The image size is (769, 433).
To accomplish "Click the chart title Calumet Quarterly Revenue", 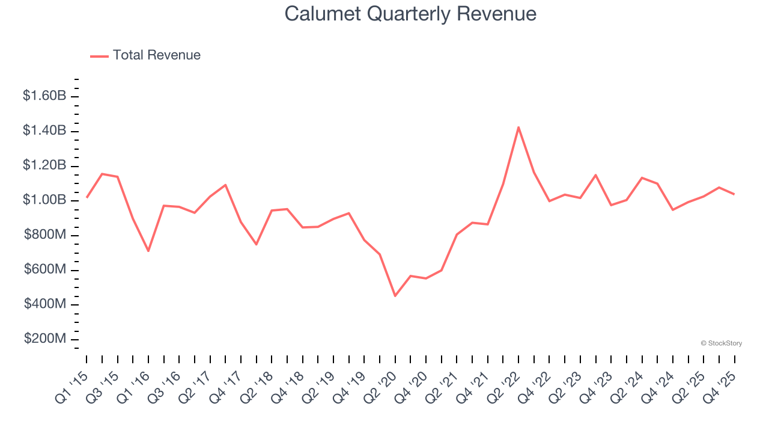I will (x=410, y=13).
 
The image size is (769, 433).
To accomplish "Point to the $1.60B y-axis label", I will (x=44, y=96).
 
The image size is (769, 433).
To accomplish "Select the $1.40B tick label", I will (x=44, y=131).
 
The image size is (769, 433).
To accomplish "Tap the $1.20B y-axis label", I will (x=44, y=165).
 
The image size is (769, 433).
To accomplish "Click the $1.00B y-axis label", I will (x=44, y=200).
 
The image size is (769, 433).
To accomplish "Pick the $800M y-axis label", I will (x=45, y=235).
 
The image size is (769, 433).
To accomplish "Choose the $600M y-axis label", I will (x=45, y=270).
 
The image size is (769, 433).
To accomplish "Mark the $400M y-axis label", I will (x=45, y=304).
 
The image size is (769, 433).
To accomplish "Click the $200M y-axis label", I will (x=45, y=339).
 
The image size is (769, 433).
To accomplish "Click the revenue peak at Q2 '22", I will (x=518, y=127).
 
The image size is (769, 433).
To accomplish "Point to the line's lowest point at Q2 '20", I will (x=395, y=296).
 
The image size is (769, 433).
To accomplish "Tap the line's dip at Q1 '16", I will (x=148, y=251).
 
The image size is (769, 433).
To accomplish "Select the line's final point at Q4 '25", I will (x=734, y=194).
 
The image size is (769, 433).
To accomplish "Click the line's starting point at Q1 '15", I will (x=87, y=197).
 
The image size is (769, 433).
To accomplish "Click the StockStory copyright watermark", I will (x=722, y=343).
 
